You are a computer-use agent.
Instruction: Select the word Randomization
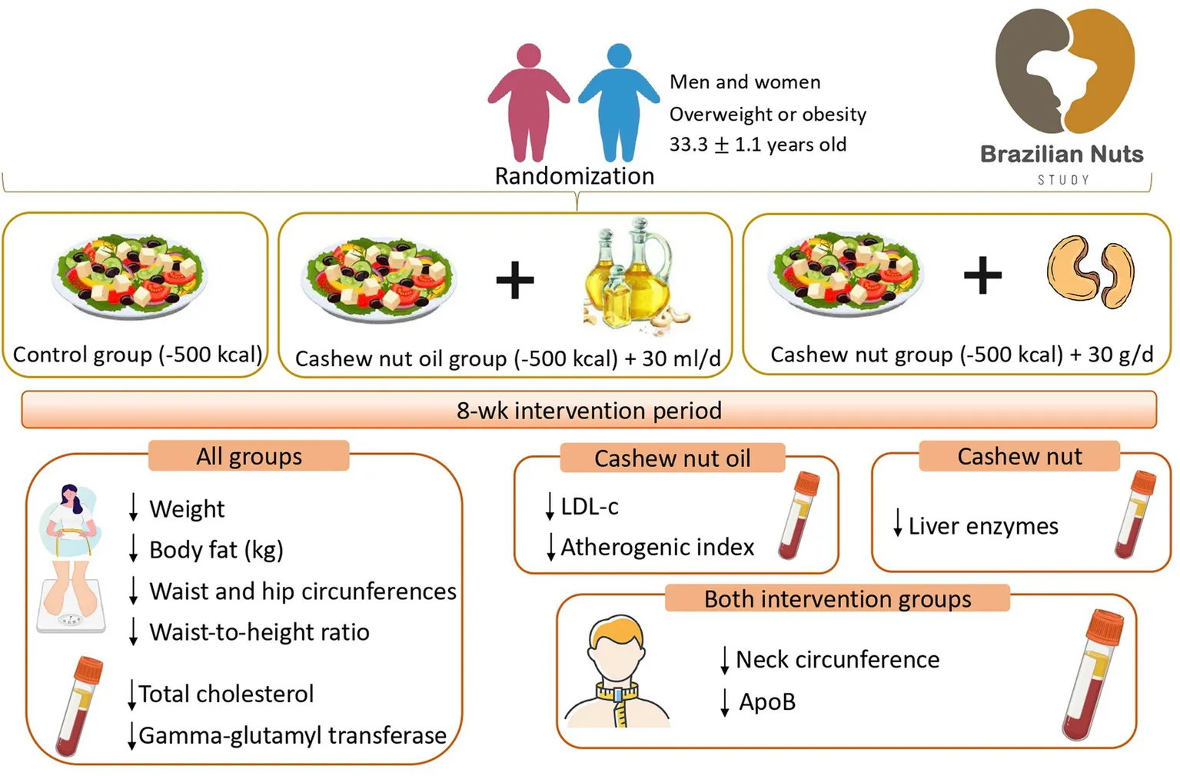(574, 176)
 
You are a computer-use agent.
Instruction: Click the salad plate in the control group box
(128, 276)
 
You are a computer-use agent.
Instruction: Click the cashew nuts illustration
(1090, 272)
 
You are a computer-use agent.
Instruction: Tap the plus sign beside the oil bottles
(514, 279)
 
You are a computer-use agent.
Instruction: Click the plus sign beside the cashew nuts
(982, 275)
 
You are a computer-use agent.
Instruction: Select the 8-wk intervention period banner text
(589, 410)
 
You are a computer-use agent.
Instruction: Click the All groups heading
(248, 456)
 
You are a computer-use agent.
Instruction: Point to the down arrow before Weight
(134, 508)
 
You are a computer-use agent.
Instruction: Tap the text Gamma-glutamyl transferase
(292, 735)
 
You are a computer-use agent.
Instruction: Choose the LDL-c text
(590, 506)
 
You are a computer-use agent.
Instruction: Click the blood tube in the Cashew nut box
(1135, 513)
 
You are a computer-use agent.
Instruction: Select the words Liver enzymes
(983, 526)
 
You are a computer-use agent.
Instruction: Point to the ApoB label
(767, 701)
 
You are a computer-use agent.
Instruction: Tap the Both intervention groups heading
(837, 598)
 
